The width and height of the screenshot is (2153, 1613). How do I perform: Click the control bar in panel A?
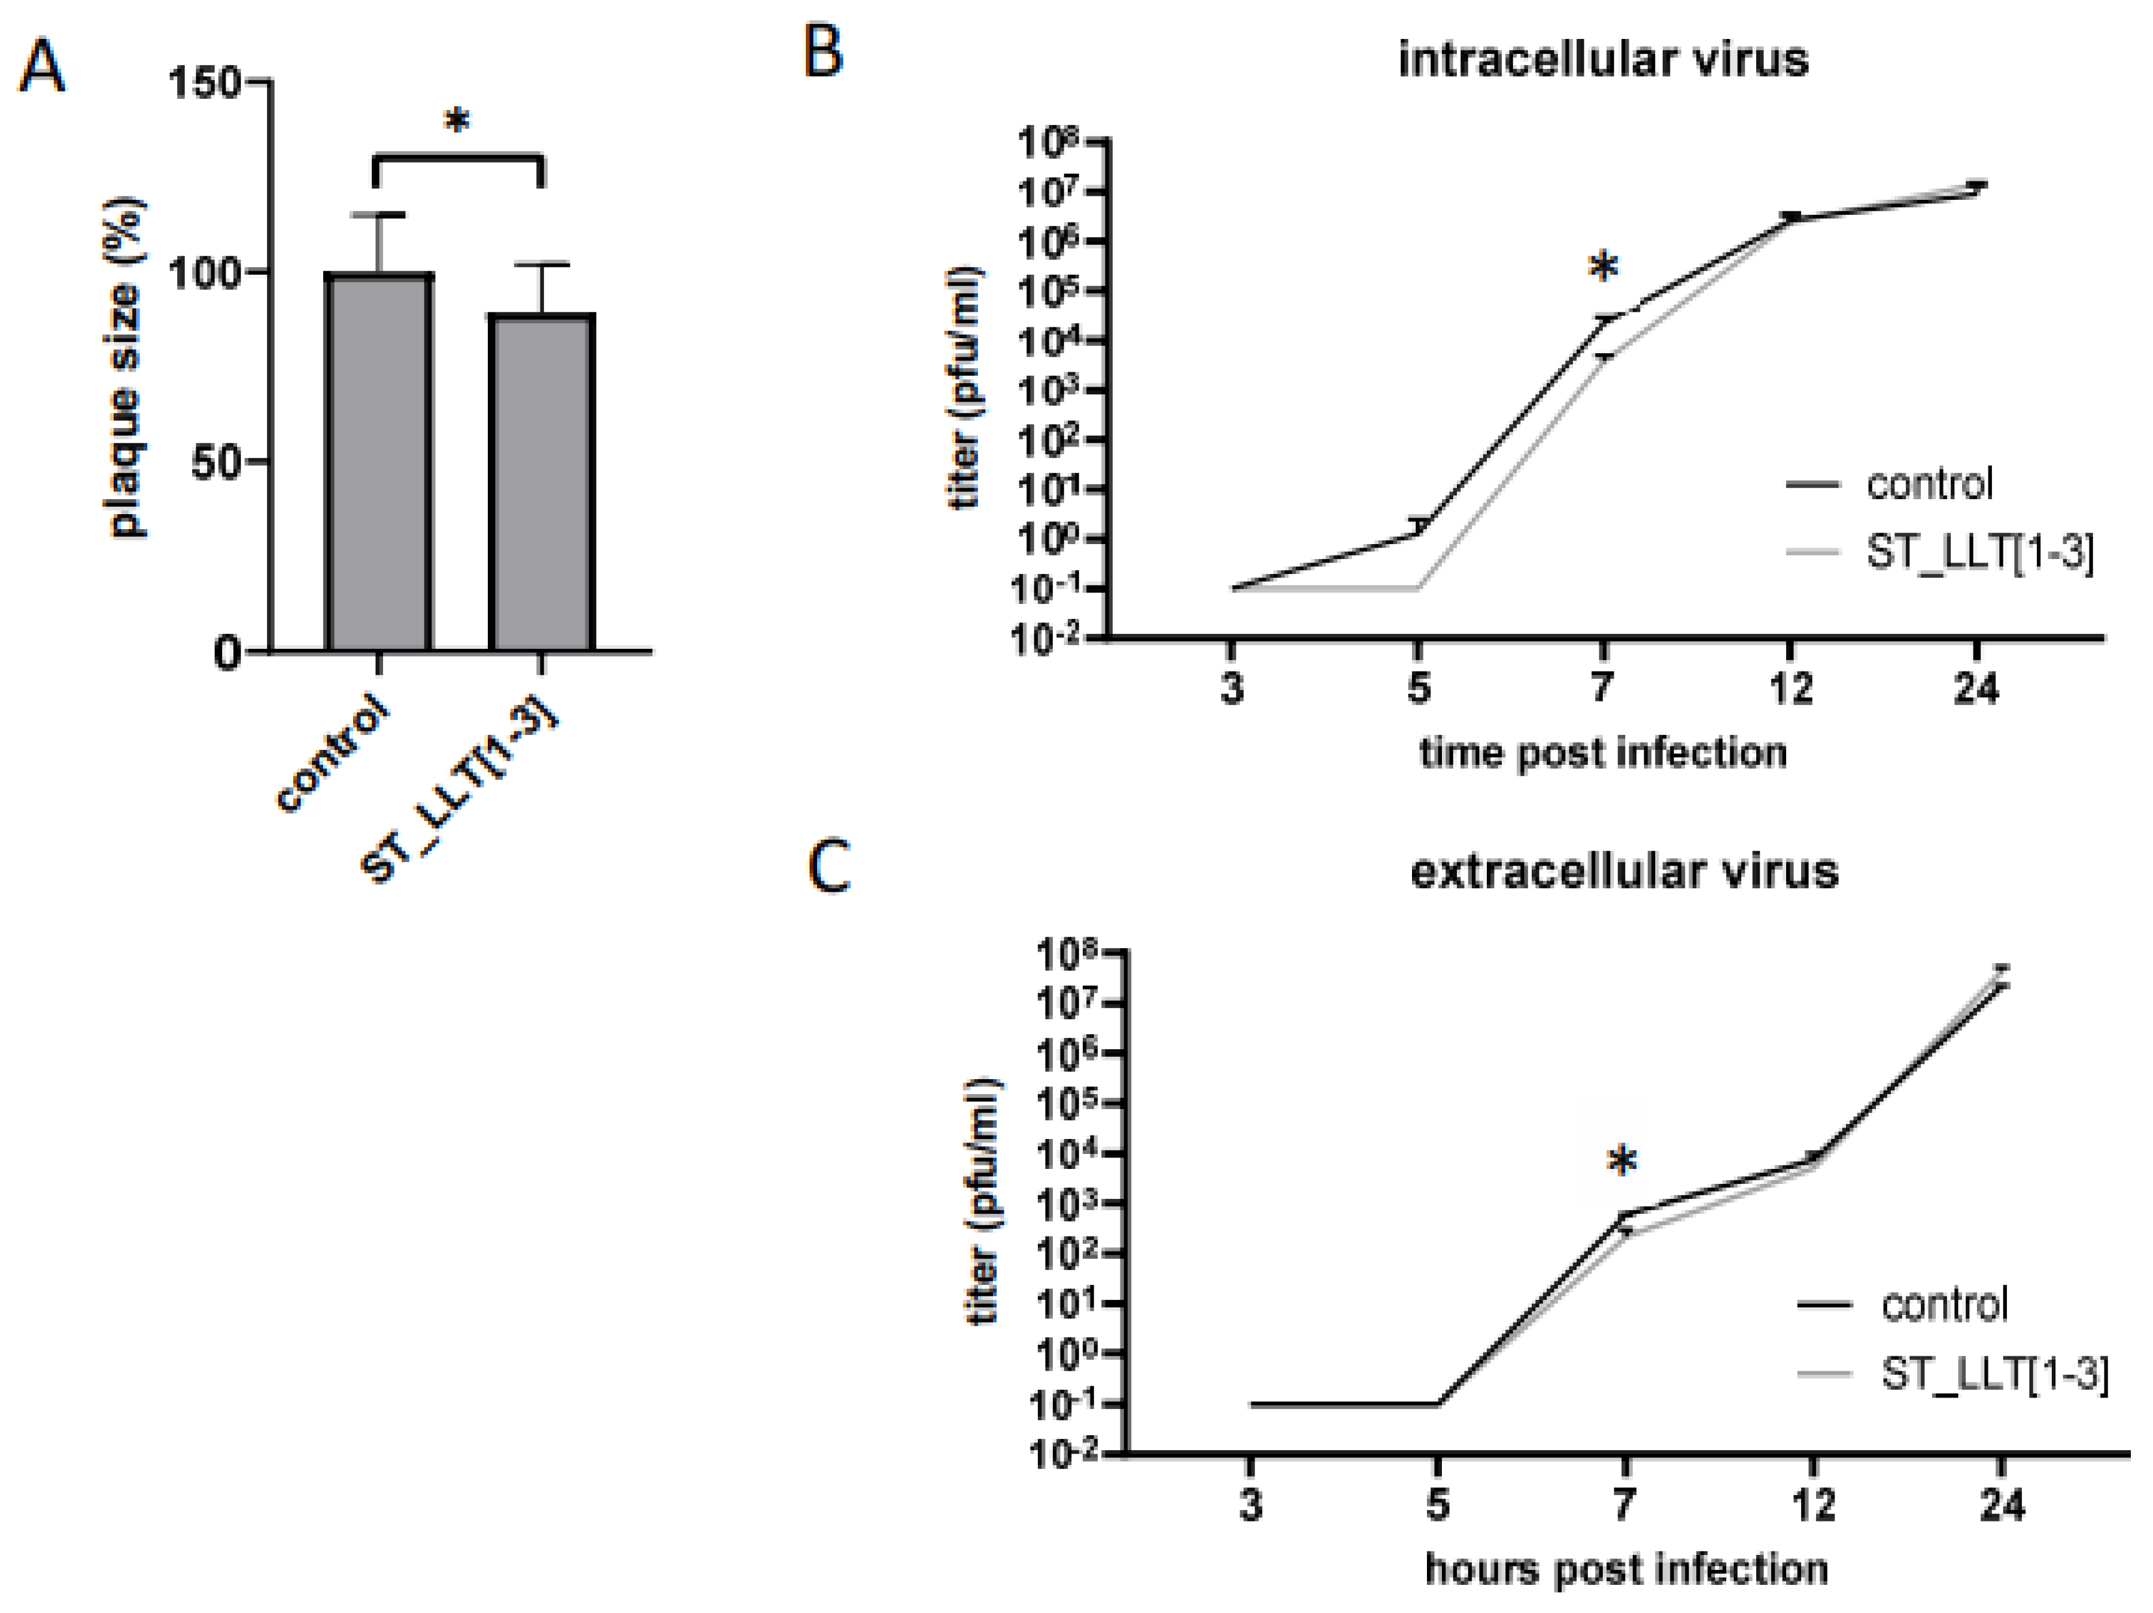tap(379, 463)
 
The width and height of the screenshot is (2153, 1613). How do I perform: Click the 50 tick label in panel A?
tap(216, 463)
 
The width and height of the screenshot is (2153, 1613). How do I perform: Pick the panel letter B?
tap(822, 53)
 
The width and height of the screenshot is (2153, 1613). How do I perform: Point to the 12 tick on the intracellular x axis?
tap(1790, 688)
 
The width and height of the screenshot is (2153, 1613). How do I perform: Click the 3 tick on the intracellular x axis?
tap(1232, 688)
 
